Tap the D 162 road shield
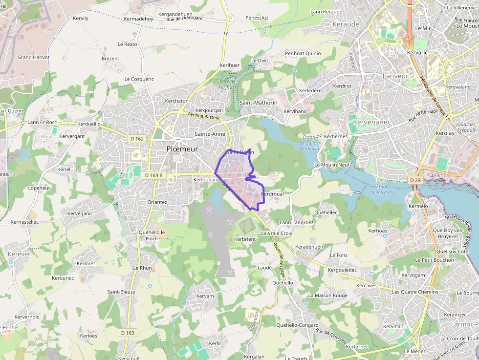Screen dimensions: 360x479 click(137, 139)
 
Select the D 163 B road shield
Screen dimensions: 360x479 click(153, 175)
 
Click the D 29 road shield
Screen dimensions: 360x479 click(415, 180)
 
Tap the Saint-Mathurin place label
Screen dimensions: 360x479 click(259, 103)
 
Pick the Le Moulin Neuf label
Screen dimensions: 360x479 click(332, 165)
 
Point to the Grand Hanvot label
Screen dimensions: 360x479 click(33, 57)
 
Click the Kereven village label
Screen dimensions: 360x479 click(20, 254)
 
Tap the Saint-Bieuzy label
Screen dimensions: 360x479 click(121, 292)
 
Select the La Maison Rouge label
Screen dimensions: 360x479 click(328, 296)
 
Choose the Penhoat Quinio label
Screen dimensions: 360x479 click(303, 53)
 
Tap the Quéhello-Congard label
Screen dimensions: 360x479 click(297, 325)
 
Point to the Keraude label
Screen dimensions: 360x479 click(346, 24)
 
